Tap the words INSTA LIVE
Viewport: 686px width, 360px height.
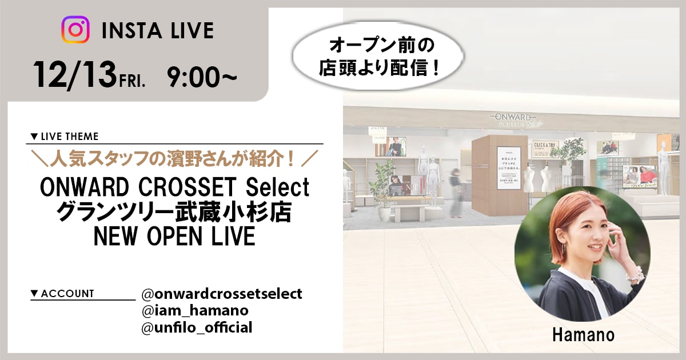pyautogui.click(x=157, y=30)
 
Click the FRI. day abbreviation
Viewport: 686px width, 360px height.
pyautogui.click(x=133, y=80)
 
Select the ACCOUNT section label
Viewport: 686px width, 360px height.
pyautogui.click(x=62, y=294)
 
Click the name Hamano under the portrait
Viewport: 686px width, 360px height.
pyautogui.click(x=583, y=335)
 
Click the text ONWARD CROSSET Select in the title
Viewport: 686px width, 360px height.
pyautogui.click(x=175, y=187)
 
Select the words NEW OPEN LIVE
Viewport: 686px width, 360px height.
pyautogui.click(x=175, y=235)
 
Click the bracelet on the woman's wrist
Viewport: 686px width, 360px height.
pyautogui.click(x=633, y=274)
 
